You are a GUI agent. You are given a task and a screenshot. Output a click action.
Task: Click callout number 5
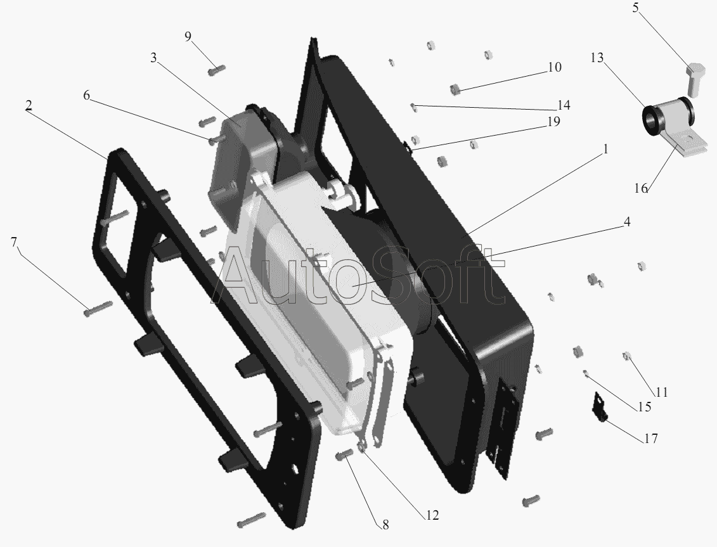point(636,8)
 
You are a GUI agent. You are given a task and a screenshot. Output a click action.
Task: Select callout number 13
point(597,58)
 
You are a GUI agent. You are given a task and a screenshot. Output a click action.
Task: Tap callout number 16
point(641,188)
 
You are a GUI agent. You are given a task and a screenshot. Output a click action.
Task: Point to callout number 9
point(188,37)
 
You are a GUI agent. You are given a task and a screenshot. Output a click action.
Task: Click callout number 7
point(14,242)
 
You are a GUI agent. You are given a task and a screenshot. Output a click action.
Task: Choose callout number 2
point(29,105)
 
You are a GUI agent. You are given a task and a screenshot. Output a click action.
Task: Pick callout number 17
point(650,439)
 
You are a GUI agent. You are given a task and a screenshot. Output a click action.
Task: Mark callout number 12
point(432,515)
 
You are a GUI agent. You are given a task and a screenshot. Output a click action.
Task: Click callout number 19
point(553,122)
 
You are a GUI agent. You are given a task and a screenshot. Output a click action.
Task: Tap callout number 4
point(626,222)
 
